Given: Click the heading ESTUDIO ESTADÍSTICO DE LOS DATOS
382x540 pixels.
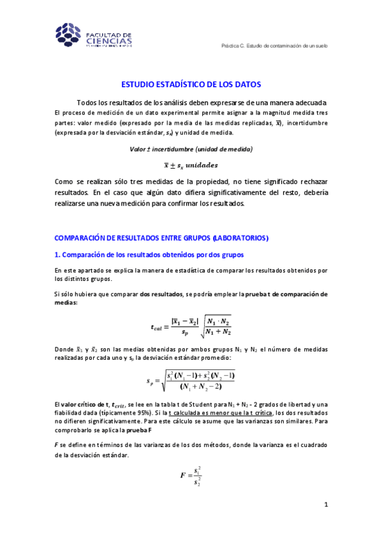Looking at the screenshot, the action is point(191,84).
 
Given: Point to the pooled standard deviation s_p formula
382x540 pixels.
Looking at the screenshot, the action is point(191,381).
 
